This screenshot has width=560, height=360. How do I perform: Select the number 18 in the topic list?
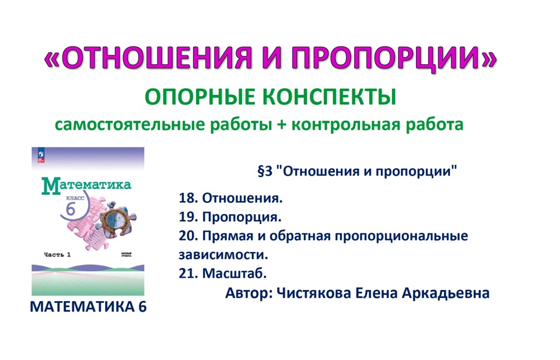(x=187, y=199)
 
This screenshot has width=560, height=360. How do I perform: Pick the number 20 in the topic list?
(x=187, y=237)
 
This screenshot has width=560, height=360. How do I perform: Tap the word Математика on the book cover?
(x=86, y=186)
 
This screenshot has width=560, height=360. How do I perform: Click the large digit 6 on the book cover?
(x=71, y=208)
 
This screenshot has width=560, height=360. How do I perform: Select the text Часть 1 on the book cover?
(x=57, y=254)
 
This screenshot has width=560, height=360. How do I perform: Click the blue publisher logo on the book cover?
(x=41, y=153)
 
